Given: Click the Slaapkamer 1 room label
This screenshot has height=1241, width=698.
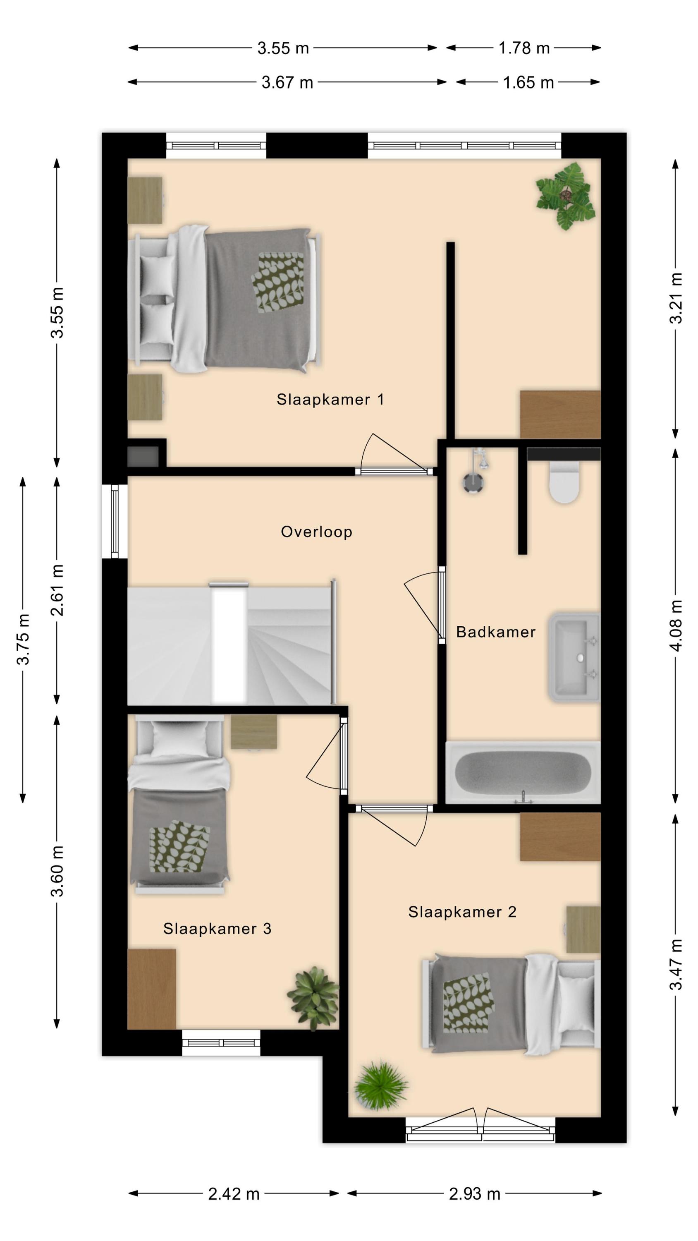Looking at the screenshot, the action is (330, 399).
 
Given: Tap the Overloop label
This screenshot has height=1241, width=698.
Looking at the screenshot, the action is (316, 532).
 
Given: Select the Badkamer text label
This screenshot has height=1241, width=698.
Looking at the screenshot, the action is (496, 632).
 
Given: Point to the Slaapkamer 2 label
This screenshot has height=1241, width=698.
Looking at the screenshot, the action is (462, 912).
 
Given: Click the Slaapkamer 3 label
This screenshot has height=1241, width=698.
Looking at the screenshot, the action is (217, 929).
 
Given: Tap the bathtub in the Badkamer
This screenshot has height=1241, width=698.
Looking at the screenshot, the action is (523, 773).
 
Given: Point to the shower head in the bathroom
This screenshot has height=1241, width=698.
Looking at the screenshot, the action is (473, 482).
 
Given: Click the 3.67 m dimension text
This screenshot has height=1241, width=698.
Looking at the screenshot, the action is (287, 82).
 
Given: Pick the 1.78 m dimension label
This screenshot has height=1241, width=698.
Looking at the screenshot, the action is (523, 48).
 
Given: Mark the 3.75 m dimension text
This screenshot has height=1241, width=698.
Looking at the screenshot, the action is (23, 639).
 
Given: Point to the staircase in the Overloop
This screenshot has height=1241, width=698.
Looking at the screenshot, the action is (232, 644).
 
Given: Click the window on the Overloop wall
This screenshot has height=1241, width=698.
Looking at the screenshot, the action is (115, 521).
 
